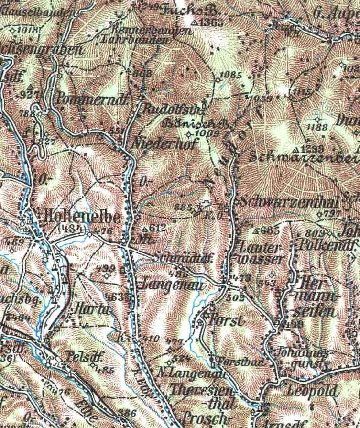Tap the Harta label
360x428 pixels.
(x=91, y=309)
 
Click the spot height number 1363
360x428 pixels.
(x=209, y=22)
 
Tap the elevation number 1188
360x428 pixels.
(x=318, y=127)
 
